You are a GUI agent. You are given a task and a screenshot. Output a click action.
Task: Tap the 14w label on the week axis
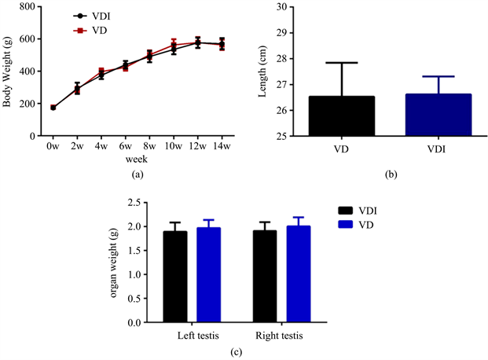pos(222,146)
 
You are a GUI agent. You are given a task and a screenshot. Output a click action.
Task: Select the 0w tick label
pos(53,146)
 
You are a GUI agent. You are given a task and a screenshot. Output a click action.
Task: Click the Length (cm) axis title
pos(263,72)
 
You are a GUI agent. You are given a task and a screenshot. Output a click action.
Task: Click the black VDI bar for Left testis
pos(175,277)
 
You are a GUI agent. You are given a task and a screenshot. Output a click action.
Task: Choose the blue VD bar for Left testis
pos(209,275)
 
